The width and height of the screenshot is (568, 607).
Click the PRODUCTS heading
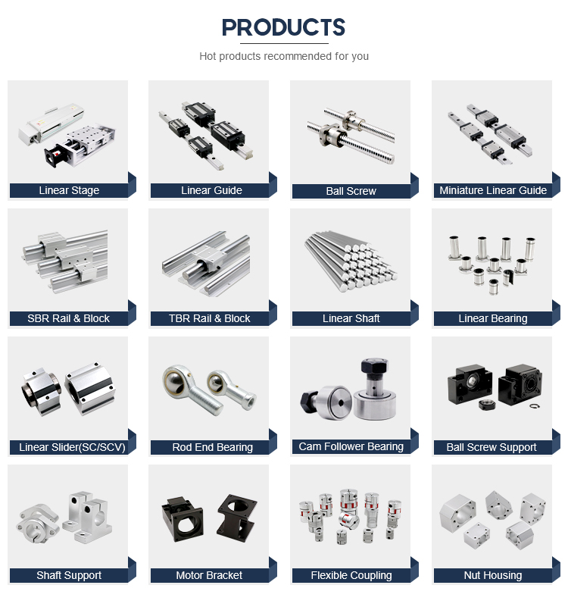click(x=283, y=28)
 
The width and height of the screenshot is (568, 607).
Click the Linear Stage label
click(x=69, y=190)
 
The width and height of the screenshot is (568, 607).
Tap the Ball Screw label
click(x=351, y=191)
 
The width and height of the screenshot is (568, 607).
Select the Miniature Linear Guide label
click(x=493, y=190)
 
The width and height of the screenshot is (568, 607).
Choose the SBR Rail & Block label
click(x=69, y=318)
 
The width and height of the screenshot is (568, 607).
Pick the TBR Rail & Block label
click(x=210, y=318)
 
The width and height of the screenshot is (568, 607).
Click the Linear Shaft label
click(x=351, y=318)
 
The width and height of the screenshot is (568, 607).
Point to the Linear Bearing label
click(x=493, y=318)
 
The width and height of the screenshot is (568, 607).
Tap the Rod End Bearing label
click(x=212, y=447)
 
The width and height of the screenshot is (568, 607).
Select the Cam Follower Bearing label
click(x=351, y=446)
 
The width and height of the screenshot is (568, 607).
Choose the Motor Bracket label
click(x=210, y=575)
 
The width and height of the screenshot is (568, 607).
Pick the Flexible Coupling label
click(x=351, y=575)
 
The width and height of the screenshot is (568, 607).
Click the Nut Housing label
click(x=493, y=575)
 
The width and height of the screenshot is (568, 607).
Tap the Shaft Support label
click(x=69, y=575)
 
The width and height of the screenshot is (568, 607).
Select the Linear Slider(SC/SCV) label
click(x=72, y=447)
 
